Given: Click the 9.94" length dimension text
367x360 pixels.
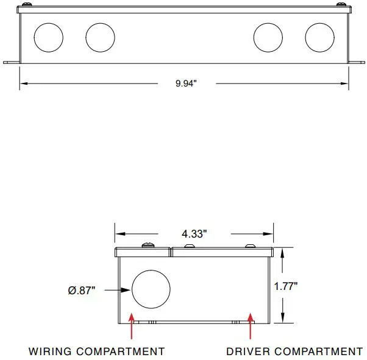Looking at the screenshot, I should (x=186, y=83).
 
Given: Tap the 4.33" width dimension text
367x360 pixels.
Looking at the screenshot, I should (x=194, y=233).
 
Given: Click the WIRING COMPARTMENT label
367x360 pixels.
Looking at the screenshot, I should (x=97, y=351).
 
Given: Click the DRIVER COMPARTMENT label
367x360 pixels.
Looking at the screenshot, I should (x=294, y=351).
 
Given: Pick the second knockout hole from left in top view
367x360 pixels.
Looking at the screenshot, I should (x=100, y=37).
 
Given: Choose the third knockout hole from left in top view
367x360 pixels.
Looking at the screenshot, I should (x=268, y=37).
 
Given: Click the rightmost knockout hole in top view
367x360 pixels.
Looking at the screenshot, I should (x=319, y=37).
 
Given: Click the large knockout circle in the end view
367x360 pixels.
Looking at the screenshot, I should (x=149, y=289).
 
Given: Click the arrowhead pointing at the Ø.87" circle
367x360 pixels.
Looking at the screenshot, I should (x=127, y=291).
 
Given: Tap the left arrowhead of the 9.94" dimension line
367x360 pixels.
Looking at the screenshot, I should (x=24, y=83).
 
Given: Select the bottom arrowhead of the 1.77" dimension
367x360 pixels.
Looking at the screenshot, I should (x=283, y=320).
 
